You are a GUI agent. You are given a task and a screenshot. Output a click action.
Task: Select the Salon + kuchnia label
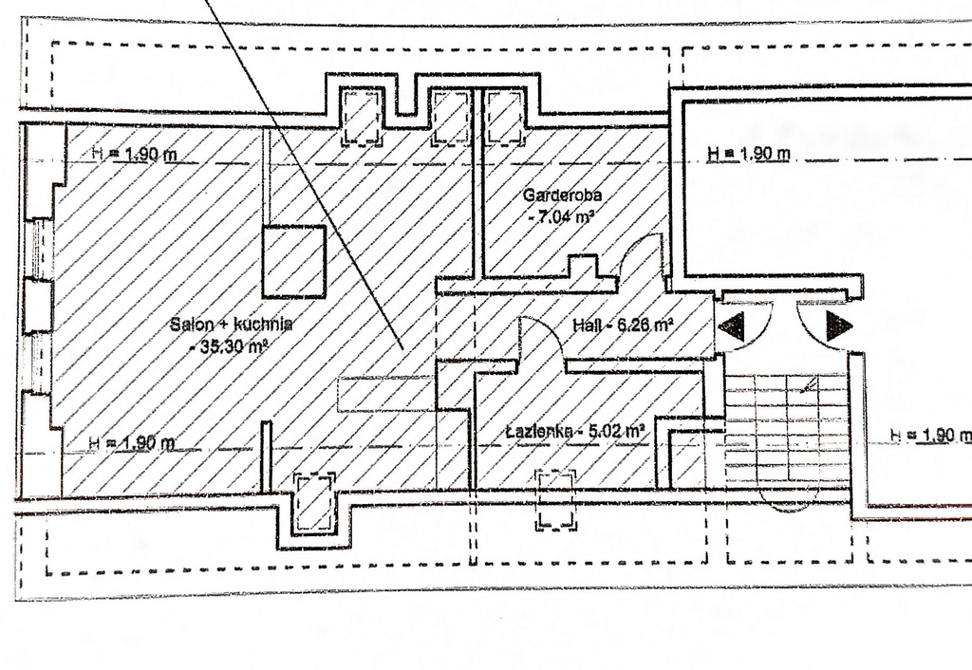coord(231,325)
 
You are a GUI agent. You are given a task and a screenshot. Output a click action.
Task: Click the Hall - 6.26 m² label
coord(622,325)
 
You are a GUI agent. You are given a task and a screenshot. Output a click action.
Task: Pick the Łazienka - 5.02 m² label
coord(575,432)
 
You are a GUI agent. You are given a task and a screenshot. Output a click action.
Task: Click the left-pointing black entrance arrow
coord(732,326)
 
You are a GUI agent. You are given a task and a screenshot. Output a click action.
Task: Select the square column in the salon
coord(294,262)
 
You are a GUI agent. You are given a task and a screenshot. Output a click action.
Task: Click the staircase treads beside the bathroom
coord(786,427)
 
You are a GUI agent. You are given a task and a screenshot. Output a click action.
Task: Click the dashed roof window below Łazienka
coord(556,499)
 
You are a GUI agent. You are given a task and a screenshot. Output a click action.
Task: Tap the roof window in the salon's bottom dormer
coord(314,503)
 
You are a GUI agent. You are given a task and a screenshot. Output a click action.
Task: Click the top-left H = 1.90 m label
coord(133,155)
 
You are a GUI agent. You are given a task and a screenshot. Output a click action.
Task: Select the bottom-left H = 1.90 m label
coord(131,442)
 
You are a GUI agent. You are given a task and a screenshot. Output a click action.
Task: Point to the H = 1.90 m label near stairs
coord(930,435)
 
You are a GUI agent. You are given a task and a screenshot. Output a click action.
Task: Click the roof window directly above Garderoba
coord(506,117)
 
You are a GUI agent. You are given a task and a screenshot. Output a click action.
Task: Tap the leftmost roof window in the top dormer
coord(362,118)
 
